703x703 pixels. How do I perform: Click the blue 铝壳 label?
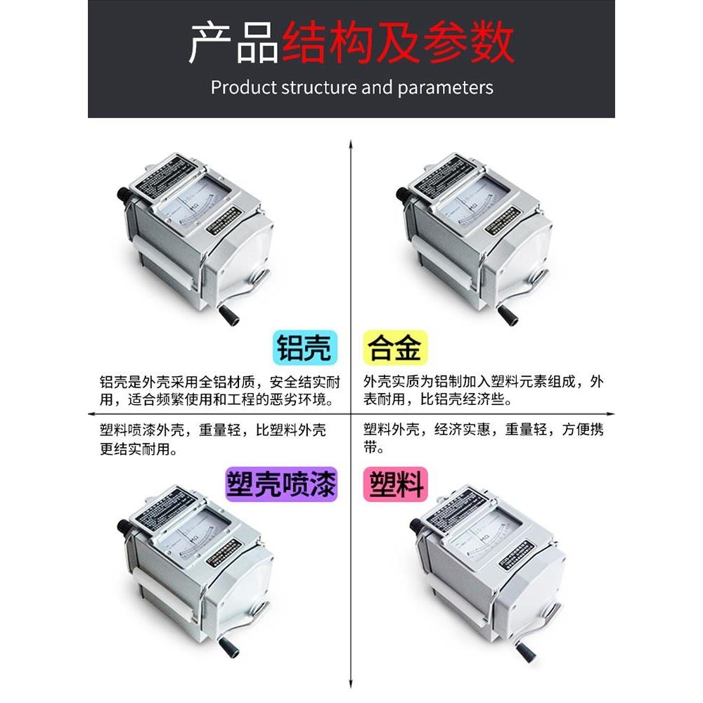click(x=303, y=347)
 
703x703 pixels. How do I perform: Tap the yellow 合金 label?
click(x=395, y=347)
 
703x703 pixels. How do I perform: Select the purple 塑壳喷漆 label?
click(x=280, y=484)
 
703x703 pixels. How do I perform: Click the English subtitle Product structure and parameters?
click(x=351, y=88)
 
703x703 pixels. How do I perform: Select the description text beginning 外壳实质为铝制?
click(x=484, y=392)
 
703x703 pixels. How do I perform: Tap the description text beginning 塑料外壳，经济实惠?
click(x=484, y=439)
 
